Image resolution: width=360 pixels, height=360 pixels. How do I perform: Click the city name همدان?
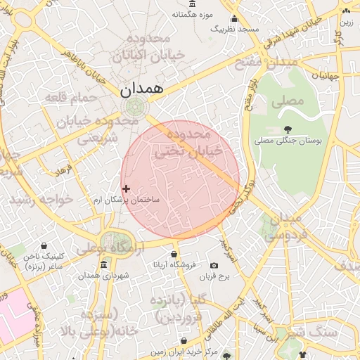(141, 89)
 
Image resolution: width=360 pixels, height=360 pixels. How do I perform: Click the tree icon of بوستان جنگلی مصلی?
(288, 129)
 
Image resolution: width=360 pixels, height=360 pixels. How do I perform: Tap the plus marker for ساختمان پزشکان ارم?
(126, 188)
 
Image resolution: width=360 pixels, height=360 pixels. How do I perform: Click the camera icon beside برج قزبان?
(214, 265)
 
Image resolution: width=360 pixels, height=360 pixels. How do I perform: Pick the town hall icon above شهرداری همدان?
(104, 264)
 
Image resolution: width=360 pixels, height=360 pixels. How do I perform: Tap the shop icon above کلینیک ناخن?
(45, 246)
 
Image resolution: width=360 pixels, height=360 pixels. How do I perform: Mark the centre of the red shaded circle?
(180, 180)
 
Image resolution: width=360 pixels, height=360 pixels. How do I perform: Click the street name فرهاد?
(64, 172)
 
